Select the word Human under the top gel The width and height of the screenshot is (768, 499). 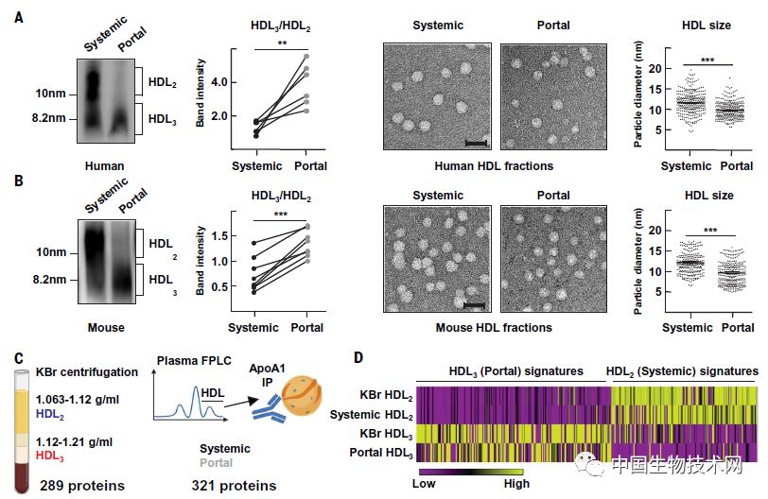pos(103,166)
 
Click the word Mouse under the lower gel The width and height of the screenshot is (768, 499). pos(103,328)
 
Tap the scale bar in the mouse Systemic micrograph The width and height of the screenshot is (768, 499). pos(475,304)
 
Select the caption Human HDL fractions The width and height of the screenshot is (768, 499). pos(494,166)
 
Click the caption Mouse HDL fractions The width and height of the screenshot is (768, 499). pos(494,328)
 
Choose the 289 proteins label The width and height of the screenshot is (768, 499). pos(83,486)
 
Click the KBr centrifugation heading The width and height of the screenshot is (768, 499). pos(86,372)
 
